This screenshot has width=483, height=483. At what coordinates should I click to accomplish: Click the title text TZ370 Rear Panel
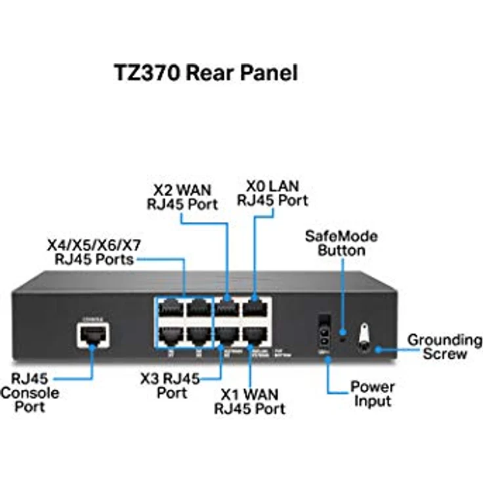[x=206, y=72]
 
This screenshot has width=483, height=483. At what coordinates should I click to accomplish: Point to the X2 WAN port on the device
[x=226, y=308]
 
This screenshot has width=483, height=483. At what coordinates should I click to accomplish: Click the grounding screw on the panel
[x=363, y=339]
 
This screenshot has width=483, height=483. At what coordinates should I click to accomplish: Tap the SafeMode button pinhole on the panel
[x=342, y=340]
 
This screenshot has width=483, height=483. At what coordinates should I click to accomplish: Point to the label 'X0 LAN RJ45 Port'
[x=272, y=192]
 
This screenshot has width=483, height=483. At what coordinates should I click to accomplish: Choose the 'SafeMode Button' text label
[x=341, y=242]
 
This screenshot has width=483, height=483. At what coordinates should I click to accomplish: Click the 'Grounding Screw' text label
[x=444, y=346]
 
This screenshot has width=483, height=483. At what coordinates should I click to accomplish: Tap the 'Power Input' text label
[x=372, y=393]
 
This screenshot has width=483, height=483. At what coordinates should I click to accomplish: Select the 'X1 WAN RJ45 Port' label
[x=250, y=401]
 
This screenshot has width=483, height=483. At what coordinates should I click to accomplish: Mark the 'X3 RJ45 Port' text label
[x=172, y=386]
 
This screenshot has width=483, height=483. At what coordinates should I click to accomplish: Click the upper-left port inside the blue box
[x=170, y=308]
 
